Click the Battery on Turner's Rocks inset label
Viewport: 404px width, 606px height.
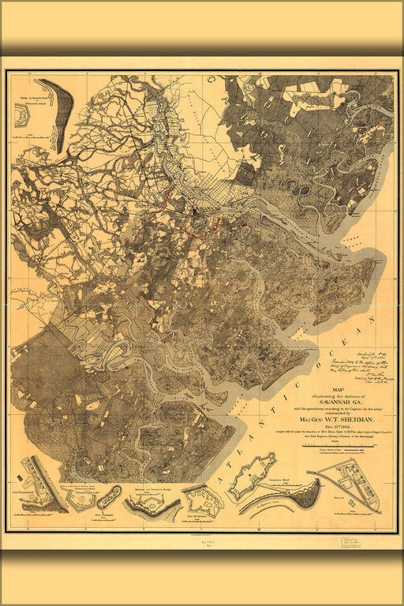click(x=155, y=490)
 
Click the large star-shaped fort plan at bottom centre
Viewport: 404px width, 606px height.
click(x=252, y=476)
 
